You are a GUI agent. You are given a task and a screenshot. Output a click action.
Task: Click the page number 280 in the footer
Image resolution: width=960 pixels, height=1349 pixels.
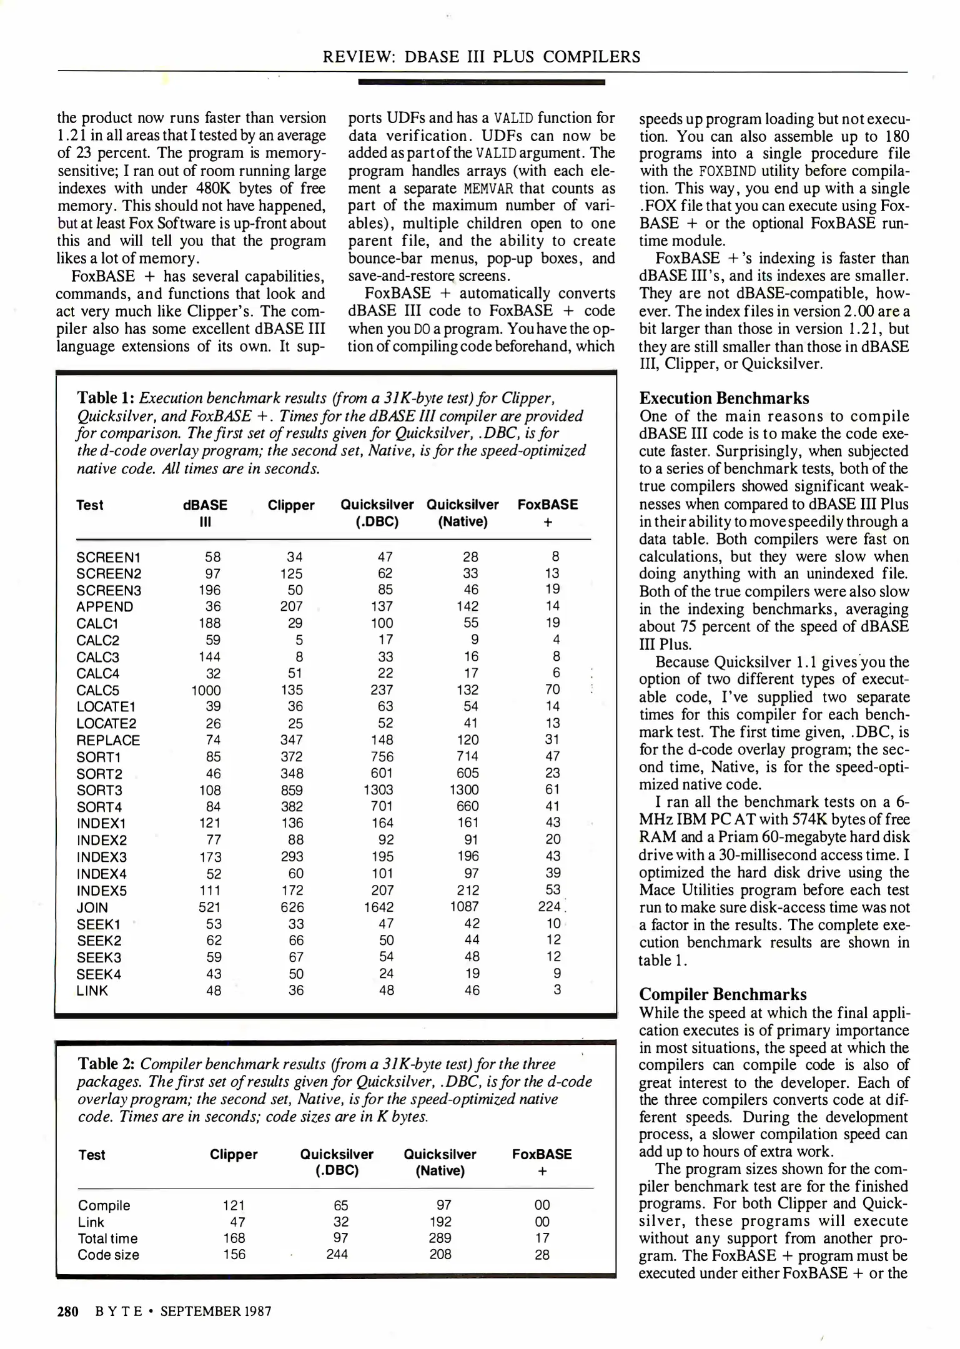tap(67, 1311)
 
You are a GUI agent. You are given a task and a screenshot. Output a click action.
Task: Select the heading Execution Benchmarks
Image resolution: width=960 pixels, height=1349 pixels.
tap(724, 398)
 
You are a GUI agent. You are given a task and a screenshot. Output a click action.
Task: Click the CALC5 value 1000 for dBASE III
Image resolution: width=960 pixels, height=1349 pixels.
tap(205, 690)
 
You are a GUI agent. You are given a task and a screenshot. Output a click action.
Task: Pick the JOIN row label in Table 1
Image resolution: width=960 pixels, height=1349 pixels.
tap(92, 907)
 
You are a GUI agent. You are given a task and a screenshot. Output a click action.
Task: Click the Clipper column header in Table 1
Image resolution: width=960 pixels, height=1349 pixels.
tap(291, 505)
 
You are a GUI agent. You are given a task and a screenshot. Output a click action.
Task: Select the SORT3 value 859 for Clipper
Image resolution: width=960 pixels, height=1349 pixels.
tap(292, 790)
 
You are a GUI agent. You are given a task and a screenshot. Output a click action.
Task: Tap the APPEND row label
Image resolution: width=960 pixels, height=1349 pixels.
tap(104, 606)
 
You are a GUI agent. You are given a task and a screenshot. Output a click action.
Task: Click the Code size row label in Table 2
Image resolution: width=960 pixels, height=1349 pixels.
tap(108, 1255)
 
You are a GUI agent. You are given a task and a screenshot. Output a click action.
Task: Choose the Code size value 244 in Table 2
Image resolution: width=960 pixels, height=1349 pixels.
tap(337, 1254)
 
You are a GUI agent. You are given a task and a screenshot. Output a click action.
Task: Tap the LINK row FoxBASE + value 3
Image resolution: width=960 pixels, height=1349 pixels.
tap(557, 990)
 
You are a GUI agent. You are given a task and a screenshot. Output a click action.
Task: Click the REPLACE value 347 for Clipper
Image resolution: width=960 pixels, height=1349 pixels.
tap(292, 740)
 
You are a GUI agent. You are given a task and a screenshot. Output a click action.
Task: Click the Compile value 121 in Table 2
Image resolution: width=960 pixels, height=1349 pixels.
tap(234, 1205)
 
